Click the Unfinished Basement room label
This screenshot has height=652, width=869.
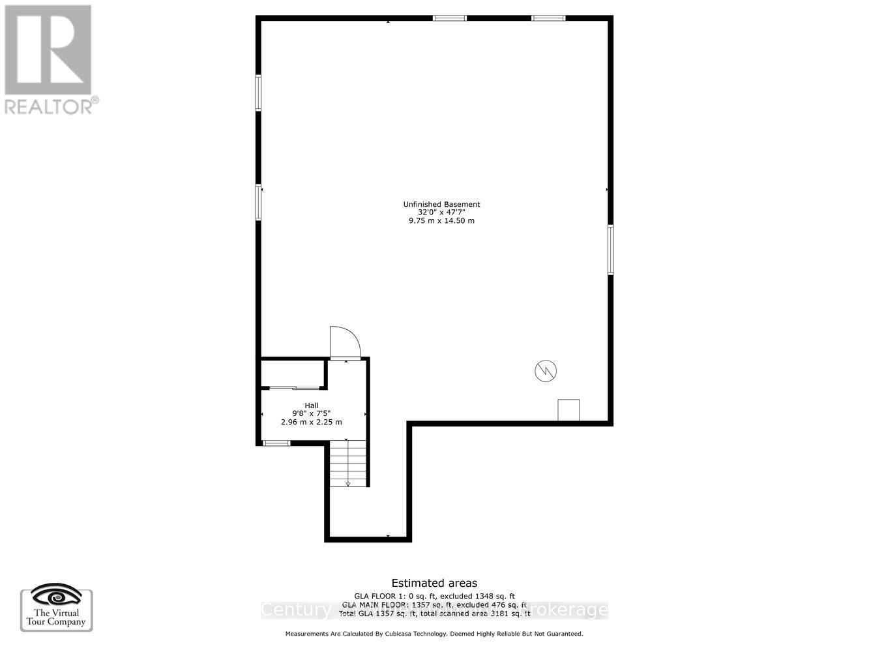(441, 204)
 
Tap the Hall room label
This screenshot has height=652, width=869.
(312, 406)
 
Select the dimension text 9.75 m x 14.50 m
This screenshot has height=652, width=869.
(441, 220)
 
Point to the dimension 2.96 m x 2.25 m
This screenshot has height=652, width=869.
(312, 422)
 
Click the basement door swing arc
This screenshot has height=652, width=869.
(345, 342)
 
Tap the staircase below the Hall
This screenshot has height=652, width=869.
(347, 463)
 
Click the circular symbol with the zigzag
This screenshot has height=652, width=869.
(546, 371)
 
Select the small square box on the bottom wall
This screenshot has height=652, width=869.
(568, 410)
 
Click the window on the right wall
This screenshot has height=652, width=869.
(611, 250)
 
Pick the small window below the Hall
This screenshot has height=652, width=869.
(276, 443)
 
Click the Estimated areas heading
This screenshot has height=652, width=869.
(434, 584)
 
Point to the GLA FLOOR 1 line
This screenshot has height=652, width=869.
(434, 596)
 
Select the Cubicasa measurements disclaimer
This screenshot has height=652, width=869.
(434, 634)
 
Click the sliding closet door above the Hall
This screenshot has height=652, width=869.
(294, 388)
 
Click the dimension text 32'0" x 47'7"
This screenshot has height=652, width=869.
(441, 213)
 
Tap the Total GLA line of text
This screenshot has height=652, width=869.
(434, 614)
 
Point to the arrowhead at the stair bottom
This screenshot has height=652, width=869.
(347, 484)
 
